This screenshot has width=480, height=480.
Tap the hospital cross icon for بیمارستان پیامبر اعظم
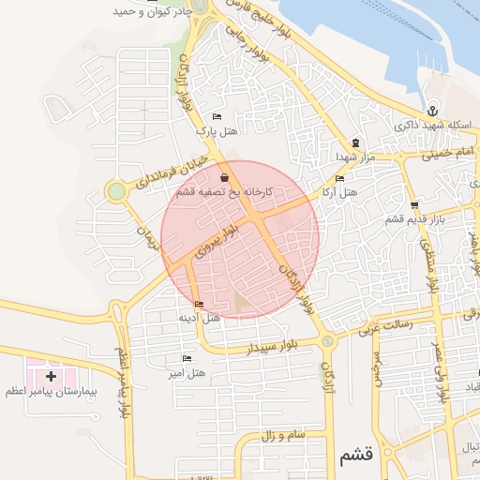pyautogui.click(x=50, y=376)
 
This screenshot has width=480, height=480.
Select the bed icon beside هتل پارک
pyautogui.click(x=217, y=117)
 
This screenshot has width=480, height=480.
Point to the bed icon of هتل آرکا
pyautogui.click(x=339, y=178)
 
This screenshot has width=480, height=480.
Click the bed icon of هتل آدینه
pyautogui.click(x=199, y=304)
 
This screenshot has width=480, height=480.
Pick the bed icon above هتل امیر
pyautogui.click(x=186, y=359)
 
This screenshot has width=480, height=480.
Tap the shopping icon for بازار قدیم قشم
pyautogui.click(x=414, y=205)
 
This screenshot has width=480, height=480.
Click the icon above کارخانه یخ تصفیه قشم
pyautogui.click(x=223, y=177)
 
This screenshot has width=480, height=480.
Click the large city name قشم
pyautogui.click(x=352, y=456)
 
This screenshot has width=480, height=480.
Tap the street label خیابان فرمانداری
pyautogui.click(x=170, y=169)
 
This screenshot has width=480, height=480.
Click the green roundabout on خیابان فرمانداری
pyautogui.click(x=116, y=191)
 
